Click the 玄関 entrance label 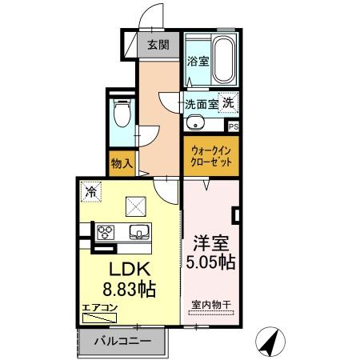pyautogui.click(x=158, y=46)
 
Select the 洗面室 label pyautogui.click(x=202, y=104)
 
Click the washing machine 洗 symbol pyautogui.click(x=229, y=102)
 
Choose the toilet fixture pyautogui.click(x=122, y=116)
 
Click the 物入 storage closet pyautogui.click(x=122, y=164)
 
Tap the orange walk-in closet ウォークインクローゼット pyautogui.click(x=211, y=155)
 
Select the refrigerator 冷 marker pyautogui.click(x=92, y=192)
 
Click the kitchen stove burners pyautogui.click(x=105, y=233)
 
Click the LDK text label pyautogui.click(x=121, y=269)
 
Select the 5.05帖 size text pyautogui.click(x=211, y=261)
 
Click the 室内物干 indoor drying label pyautogui.click(x=211, y=304)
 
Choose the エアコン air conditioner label pyautogui.click(x=100, y=306)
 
